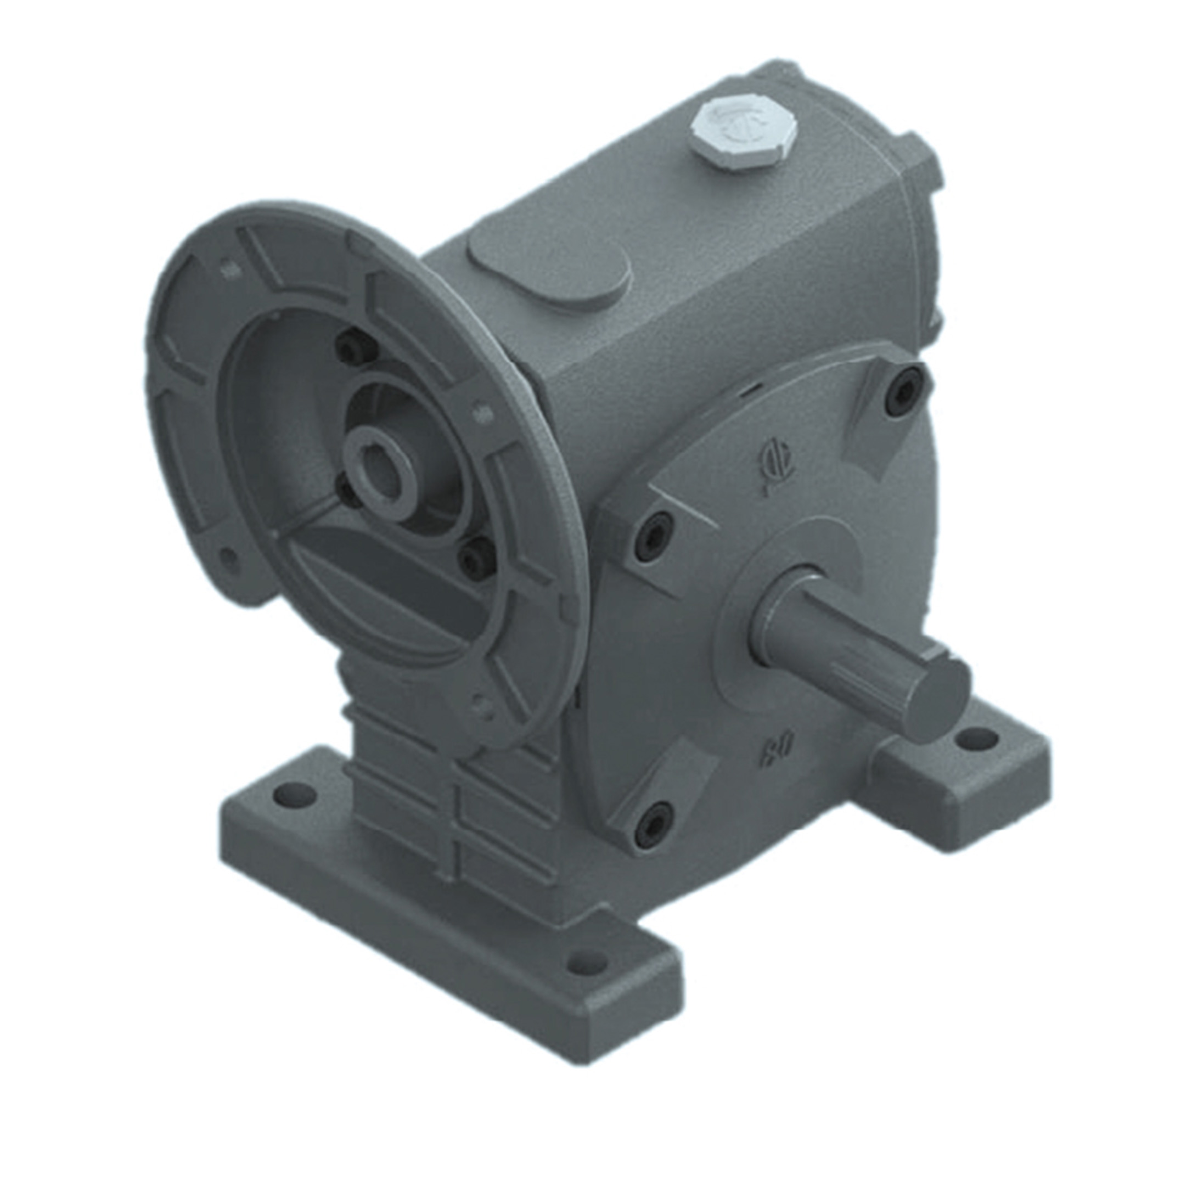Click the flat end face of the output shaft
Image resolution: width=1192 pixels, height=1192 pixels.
[939, 700]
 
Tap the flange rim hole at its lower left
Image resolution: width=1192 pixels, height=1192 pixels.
[229, 556]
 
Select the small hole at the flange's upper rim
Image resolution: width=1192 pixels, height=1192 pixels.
[228, 269]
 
